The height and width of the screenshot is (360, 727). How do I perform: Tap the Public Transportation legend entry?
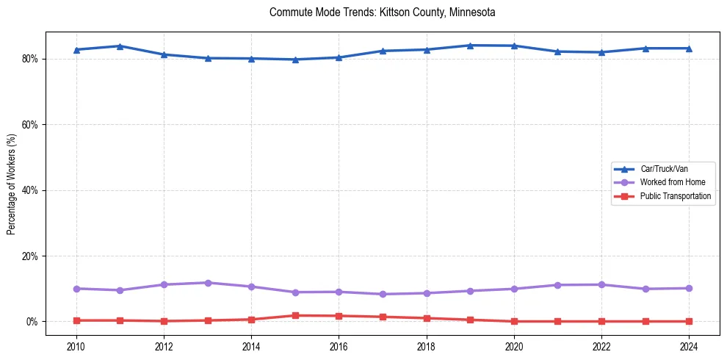[675, 196]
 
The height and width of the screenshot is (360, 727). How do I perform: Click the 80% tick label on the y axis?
[30, 59]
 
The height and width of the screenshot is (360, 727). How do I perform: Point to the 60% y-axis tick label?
[30, 125]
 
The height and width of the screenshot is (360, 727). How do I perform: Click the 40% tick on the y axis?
[30, 190]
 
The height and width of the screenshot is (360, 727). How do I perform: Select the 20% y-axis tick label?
[30, 256]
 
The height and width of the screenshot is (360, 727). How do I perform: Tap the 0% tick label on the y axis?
[32, 322]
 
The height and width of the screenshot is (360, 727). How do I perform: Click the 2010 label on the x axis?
[76, 345]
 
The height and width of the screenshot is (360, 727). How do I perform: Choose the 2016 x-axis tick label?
[339, 345]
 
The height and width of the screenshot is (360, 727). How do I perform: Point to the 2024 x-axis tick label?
[689, 345]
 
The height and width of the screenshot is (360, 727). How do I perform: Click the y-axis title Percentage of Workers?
[12, 183]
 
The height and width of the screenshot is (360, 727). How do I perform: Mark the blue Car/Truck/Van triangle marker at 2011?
[120, 46]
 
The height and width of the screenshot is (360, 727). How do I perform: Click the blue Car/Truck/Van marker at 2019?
[470, 46]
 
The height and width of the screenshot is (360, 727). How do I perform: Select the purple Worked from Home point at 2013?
[207, 283]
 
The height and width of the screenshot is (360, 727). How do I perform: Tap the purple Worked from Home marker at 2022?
[601, 284]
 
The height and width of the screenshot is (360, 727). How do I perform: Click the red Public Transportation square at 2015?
[295, 315]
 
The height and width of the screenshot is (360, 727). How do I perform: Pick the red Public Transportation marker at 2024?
[689, 321]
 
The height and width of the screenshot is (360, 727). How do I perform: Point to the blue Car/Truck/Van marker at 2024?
[689, 48]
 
